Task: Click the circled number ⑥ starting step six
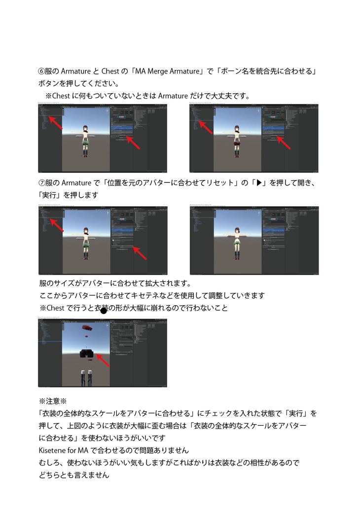(x=42, y=72)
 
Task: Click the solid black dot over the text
(x=104, y=310)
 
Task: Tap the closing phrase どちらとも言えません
(x=73, y=475)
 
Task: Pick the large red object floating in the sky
(x=87, y=327)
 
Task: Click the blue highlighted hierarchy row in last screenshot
(x=50, y=341)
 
